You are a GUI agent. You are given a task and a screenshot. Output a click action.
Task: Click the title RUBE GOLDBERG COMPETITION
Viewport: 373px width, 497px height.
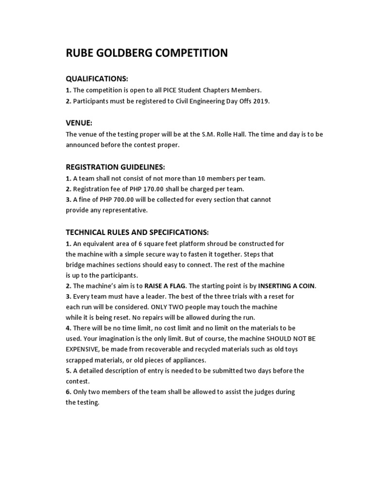tap(147, 53)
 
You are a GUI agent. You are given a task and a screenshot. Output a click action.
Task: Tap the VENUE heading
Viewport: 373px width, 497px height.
tap(79, 123)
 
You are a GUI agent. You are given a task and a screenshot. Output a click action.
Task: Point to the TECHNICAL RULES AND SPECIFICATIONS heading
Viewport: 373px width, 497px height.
tap(137, 232)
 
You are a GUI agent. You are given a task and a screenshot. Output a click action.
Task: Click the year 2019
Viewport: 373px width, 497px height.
tap(261, 101)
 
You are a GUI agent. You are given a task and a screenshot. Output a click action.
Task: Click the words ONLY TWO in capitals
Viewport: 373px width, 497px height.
tap(167, 307)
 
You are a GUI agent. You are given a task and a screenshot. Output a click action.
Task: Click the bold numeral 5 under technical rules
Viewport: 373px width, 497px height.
tap(68, 371)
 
